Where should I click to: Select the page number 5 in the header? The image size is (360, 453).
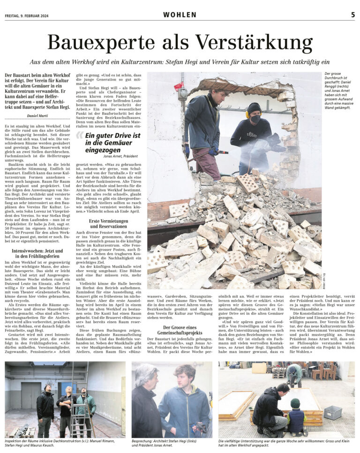[x=352, y=15]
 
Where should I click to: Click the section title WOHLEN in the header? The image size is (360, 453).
[x=180, y=15]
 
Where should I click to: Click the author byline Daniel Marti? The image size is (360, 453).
[x=40, y=115]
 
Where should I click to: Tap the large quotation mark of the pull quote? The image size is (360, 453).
[x=80, y=136]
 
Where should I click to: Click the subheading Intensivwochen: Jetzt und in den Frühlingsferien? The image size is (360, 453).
[x=37, y=254]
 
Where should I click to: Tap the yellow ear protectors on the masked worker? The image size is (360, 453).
[x=247, y=113]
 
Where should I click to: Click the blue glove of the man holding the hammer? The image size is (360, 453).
[x=214, y=152]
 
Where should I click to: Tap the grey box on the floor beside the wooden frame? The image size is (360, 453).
[x=332, y=413]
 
